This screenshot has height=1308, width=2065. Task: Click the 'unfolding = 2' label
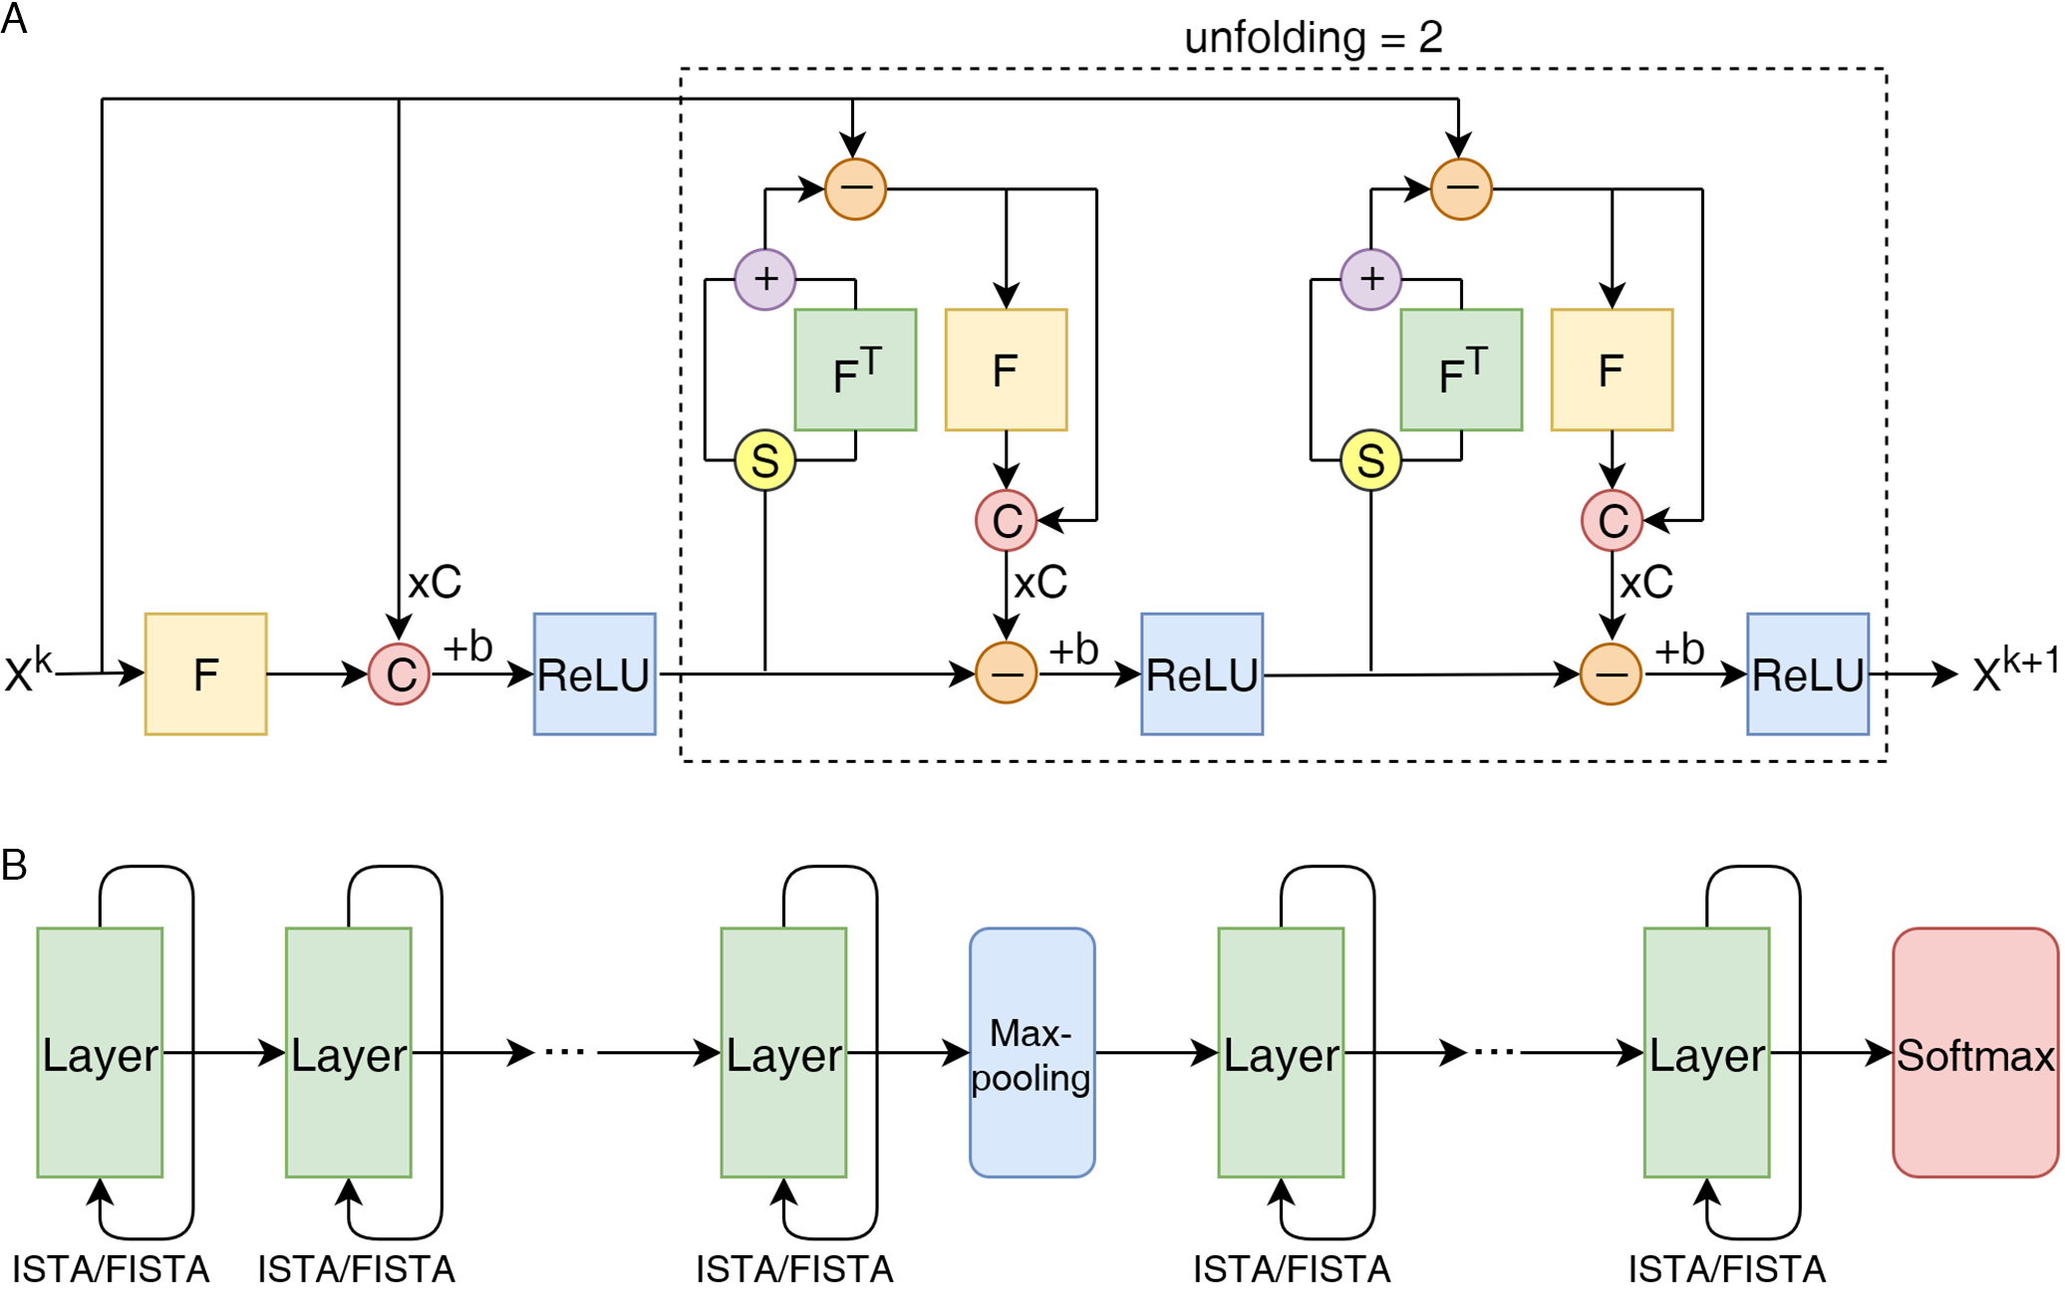pyautogui.click(x=1313, y=38)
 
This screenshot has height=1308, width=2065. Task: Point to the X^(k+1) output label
pyautogui.click(x=2014, y=670)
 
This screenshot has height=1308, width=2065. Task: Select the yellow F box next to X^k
pyautogui.click(x=205, y=674)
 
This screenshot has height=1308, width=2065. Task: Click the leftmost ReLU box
pyautogui.click(x=594, y=674)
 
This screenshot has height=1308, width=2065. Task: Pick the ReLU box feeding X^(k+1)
pyautogui.click(x=1807, y=674)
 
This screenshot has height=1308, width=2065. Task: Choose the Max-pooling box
pyautogui.click(x=1032, y=1053)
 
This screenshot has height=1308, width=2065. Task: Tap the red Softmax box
pyautogui.click(x=1974, y=1053)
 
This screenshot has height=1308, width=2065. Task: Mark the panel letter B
pyautogui.click(x=14, y=865)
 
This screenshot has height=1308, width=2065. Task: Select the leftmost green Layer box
pyautogui.click(x=100, y=1053)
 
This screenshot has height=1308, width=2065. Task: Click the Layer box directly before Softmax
pyautogui.click(x=1706, y=1053)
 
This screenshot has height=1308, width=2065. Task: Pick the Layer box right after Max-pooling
pyautogui.click(x=1281, y=1053)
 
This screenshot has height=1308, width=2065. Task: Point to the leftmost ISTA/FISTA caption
pyautogui.click(x=111, y=1270)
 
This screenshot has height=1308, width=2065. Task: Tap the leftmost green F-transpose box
pyautogui.click(x=855, y=370)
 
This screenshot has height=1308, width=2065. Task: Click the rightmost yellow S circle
pyautogui.click(x=1370, y=460)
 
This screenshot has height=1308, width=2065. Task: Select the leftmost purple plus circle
pyautogui.click(x=764, y=279)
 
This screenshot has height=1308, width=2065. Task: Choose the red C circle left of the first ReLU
pyautogui.click(x=399, y=674)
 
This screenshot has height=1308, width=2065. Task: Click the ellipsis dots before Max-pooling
pyautogui.click(x=565, y=1052)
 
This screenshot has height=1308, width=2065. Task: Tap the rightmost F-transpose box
pyautogui.click(x=1461, y=370)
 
